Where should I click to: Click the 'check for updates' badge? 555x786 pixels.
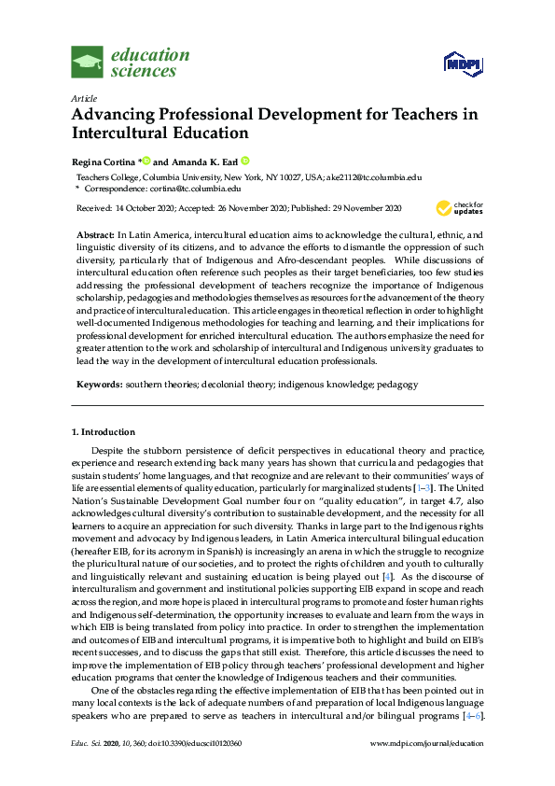[x=459, y=207]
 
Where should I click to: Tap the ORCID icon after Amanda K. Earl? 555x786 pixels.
[x=244, y=160]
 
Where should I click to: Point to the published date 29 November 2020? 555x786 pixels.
[x=364, y=207]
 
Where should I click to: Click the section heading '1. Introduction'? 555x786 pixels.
[x=104, y=432]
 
